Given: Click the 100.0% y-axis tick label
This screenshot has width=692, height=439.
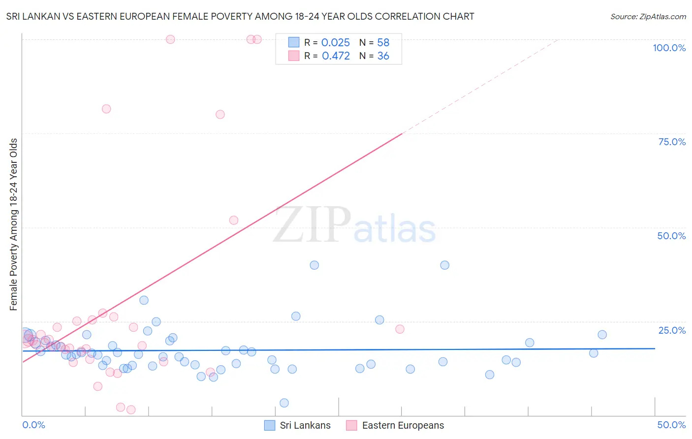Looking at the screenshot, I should click(x=669, y=48).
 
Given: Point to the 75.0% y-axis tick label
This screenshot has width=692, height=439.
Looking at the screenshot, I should click(x=672, y=142).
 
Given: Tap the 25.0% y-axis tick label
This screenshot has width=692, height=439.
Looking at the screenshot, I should click(x=672, y=330).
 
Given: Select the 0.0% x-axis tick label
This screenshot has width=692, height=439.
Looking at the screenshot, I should click(x=33, y=425).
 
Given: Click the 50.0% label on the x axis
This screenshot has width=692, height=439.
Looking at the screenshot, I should click(x=671, y=425).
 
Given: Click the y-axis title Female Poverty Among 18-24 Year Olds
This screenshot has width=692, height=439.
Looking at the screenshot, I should click(x=14, y=224).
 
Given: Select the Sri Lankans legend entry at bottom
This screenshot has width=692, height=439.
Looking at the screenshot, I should click(x=298, y=425).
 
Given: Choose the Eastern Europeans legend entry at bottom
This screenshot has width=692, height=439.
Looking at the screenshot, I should click(x=395, y=425).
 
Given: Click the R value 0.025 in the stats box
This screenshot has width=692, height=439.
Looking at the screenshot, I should click(x=335, y=43).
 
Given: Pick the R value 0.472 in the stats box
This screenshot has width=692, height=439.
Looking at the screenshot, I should click(x=336, y=56).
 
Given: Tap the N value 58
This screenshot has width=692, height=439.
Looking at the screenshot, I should click(x=383, y=43).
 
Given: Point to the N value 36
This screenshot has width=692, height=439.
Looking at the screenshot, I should click(x=383, y=56).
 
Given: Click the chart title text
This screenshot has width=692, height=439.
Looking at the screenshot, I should click(x=240, y=16).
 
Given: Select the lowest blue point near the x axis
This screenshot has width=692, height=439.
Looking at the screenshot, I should click(x=284, y=403).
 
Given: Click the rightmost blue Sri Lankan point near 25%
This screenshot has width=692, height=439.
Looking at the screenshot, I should click(x=602, y=335).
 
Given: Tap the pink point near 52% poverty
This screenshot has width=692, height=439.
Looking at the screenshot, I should click(x=234, y=220).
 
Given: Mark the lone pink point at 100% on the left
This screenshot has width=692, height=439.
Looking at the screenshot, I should click(x=170, y=39).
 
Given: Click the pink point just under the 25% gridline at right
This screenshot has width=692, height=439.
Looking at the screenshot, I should click(x=400, y=329).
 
